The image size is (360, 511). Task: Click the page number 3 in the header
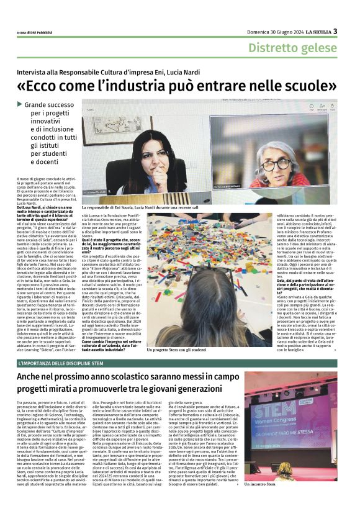[335, 31]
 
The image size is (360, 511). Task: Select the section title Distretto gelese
[293, 48]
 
